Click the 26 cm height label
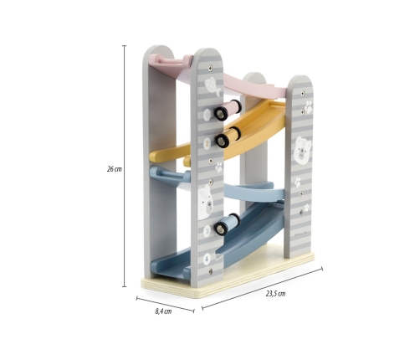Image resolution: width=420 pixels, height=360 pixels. [115, 169]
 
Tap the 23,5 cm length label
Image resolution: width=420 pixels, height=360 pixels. [275, 294]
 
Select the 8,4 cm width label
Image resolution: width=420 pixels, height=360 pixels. [163, 311]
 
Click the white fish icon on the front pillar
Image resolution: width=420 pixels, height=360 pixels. [213, 87]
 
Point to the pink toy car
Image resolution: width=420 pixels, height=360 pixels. [228, 110]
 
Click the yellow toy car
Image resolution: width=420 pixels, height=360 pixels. [228, 136]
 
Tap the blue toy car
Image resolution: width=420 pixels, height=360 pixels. [228, 224]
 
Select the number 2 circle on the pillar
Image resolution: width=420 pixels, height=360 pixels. [207, 144]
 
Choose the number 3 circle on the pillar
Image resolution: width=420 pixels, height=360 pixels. [207, 231]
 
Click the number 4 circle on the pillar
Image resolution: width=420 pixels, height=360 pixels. [207, 260]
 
